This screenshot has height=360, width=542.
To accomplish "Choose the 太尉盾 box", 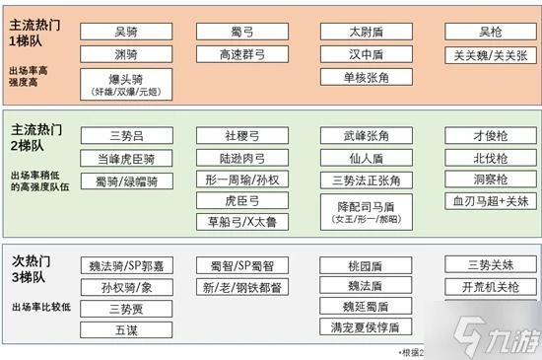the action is pos(366,32).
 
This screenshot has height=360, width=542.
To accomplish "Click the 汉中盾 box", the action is pos(366,54).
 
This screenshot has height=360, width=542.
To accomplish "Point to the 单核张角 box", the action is pos(366,77).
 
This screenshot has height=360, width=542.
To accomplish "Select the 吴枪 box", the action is pos(490,32).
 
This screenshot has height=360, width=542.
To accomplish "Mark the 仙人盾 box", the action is pos(366,158).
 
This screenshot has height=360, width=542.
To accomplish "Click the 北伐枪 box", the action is pos(490,158).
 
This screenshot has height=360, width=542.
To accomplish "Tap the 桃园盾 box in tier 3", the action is pos(366,265).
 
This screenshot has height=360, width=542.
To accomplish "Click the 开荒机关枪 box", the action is pos(490,287).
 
